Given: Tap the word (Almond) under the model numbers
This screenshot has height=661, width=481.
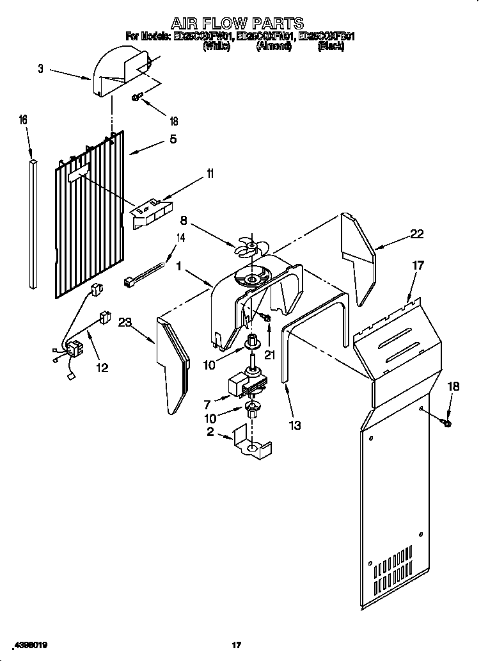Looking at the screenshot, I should click(274, 47).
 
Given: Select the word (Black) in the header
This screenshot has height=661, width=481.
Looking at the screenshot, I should click(331, 47).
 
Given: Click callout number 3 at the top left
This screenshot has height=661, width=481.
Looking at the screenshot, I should click(41, 69).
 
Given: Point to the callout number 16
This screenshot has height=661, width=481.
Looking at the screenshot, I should click(23, 120).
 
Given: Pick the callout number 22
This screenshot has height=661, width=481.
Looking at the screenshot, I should click(416, 234).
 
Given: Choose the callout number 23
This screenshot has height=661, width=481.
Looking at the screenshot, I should click(125, 323).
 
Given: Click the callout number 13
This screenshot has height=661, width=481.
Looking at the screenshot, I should click(294, 424).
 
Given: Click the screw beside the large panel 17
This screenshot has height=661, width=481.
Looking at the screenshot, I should click(446, 422).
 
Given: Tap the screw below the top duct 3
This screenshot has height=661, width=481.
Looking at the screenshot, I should click(137, 97).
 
